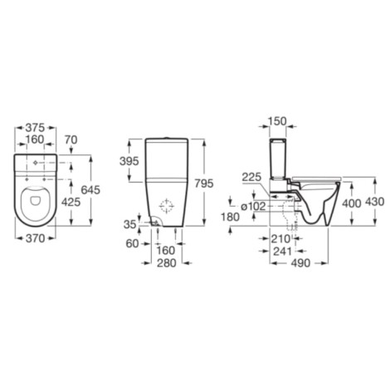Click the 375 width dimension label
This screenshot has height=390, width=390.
tap(35, 128)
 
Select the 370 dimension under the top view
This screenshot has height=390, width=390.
tap(35, 238)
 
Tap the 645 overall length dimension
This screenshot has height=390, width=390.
tap(90, 190)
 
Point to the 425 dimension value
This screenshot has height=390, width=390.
tap(71, 202)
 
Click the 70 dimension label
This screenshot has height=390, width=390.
tap(71, 140)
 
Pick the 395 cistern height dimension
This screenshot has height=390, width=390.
tap(129, 161)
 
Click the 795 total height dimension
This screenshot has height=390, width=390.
tap(204, 183)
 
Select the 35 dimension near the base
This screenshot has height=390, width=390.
tap(130, 224)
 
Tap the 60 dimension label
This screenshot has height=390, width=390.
tap(132, 243)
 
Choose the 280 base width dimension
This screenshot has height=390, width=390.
tap(167, 263)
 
